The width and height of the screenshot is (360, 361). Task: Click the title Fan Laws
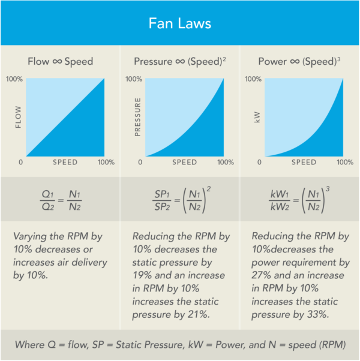(179, 24)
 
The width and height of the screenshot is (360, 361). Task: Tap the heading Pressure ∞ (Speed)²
(179, 62)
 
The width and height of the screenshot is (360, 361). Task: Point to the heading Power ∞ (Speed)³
(299, 62)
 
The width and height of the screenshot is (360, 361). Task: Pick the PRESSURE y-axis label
(137, 118)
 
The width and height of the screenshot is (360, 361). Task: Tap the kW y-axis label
(257, 118)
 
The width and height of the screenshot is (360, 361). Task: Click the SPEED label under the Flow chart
(65, 163)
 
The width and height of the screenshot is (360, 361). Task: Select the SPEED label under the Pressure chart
(185, 163)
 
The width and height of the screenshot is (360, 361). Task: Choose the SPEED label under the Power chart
(305, 163)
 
